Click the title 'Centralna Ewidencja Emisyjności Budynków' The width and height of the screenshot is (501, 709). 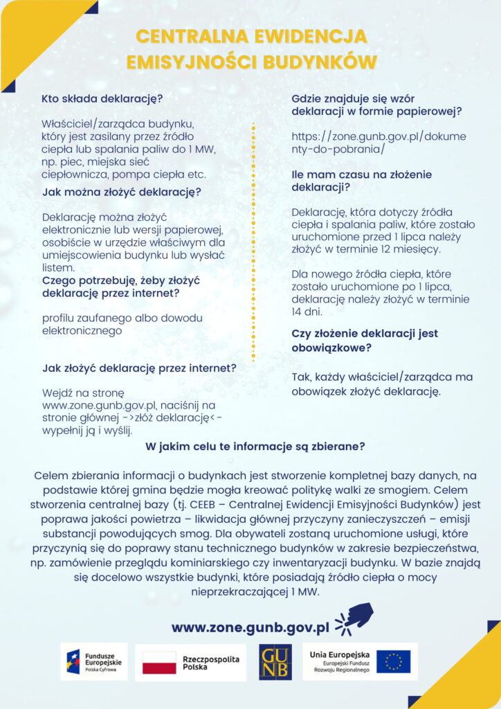coord(250,48)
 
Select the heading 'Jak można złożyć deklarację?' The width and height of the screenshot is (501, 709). coord(122,192)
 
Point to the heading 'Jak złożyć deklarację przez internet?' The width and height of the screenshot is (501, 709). coord(139,368)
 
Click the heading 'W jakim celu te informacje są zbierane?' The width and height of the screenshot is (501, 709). coord(255,447)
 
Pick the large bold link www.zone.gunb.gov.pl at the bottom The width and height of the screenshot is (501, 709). coord(250,627)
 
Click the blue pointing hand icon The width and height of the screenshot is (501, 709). coord(355,618)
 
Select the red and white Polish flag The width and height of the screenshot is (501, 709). coord(159,662)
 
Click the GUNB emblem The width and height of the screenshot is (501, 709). coord(275,662)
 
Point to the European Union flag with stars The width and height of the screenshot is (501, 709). coord(393,662)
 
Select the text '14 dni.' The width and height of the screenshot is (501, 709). coord(304,312)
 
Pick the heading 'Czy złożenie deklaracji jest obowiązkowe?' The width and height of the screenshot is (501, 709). coord(365,340)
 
